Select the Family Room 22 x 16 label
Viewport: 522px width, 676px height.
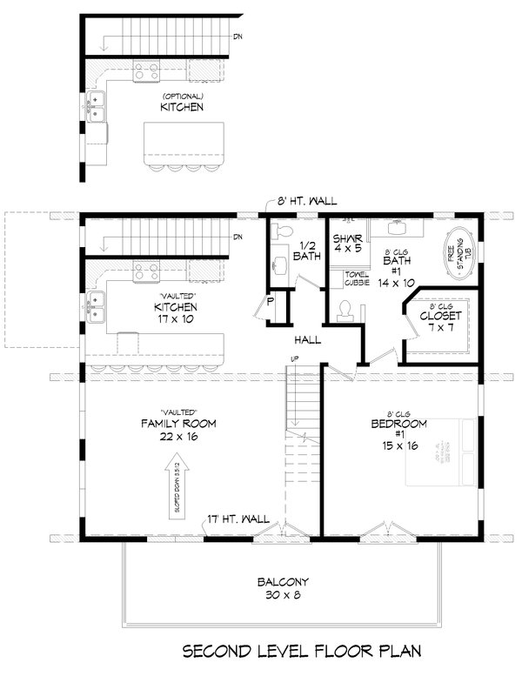coord(179,429)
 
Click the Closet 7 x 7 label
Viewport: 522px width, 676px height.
coord(440,322)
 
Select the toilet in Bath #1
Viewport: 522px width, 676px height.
coord(346,311)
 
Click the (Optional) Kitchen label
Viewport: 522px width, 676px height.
coord(182,103)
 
